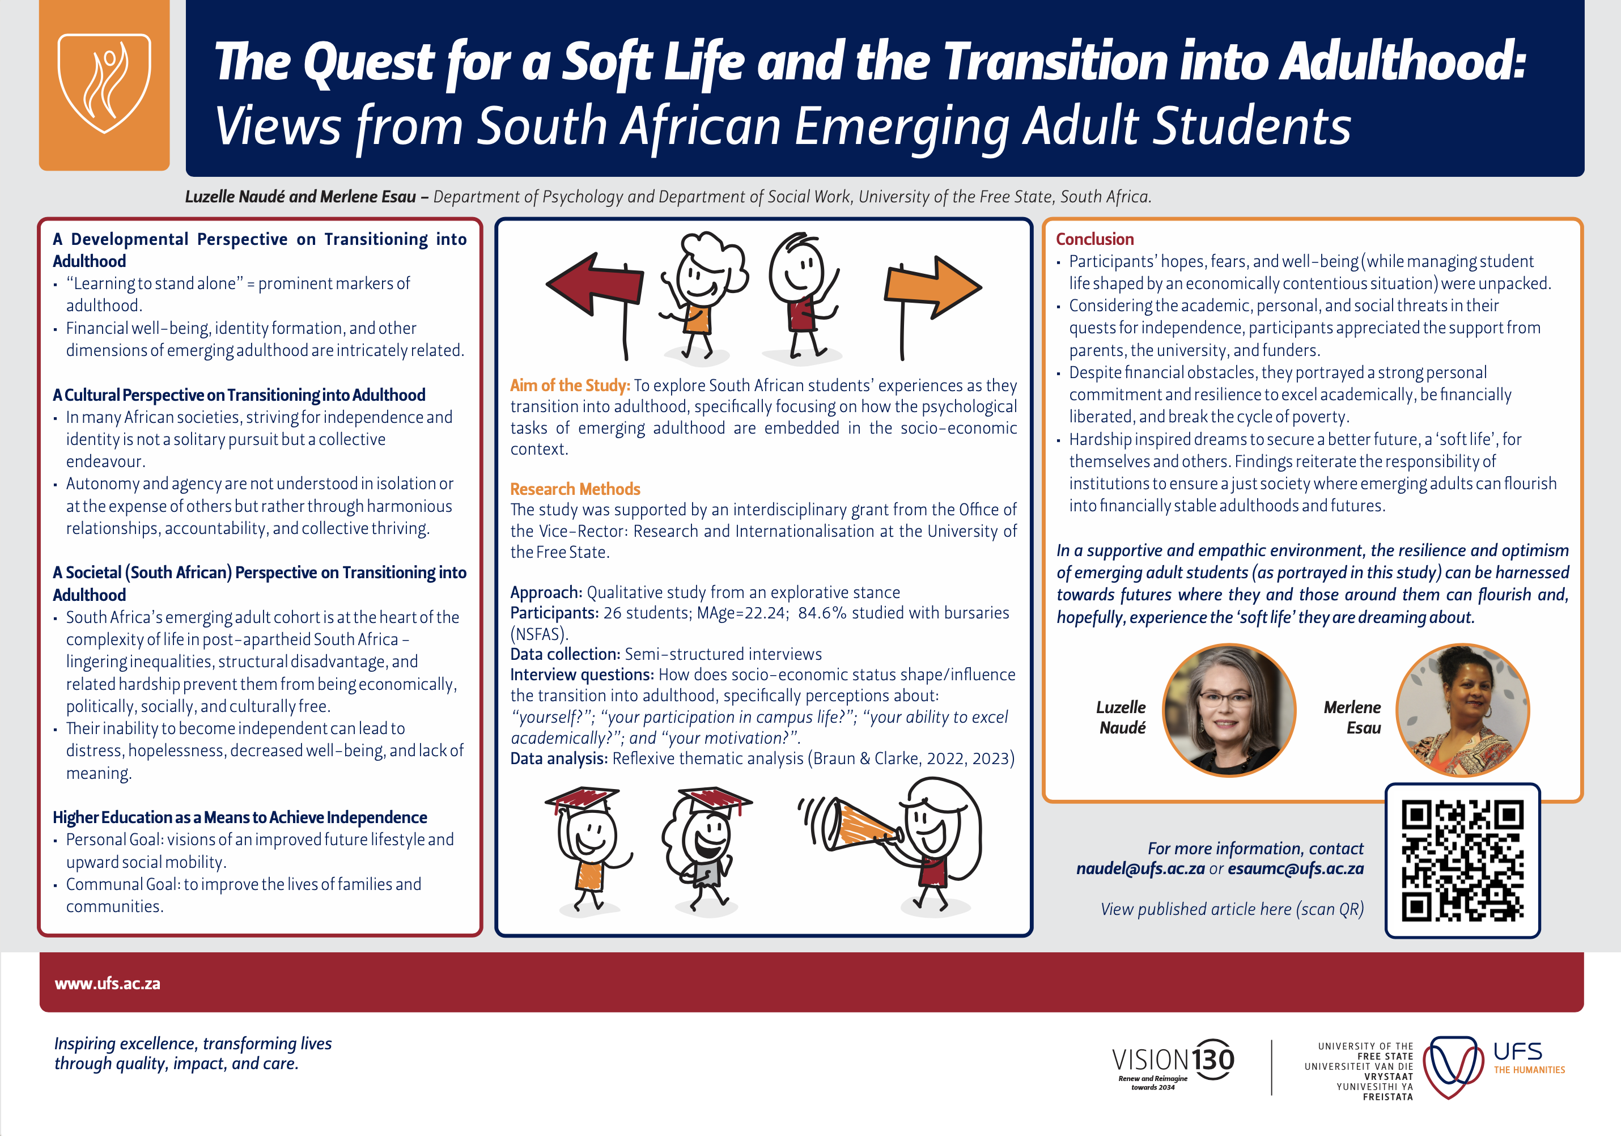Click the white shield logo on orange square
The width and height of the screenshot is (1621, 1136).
(x=104, y=83)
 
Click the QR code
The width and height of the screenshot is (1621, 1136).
(x=1462, y=860)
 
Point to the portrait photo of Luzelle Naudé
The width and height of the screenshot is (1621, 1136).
(x=1229, y=710)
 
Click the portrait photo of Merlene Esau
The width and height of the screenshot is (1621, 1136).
(x=1463, y=710)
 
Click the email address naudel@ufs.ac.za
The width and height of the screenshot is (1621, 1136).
(x=1140, y=868)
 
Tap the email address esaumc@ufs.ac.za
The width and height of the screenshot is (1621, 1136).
(x=1296, y=868)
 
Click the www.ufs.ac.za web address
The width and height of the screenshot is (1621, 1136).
(x=107, y=984)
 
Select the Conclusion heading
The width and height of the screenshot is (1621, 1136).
(x=1094, y=239)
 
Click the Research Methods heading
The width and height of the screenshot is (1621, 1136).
(x=575, y=489)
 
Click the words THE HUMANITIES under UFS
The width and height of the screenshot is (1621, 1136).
(x=1529, y=1070)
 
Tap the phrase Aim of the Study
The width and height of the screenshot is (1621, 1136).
(x=570, y=385)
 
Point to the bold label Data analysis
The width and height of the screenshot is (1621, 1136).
(x=558, y=759)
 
